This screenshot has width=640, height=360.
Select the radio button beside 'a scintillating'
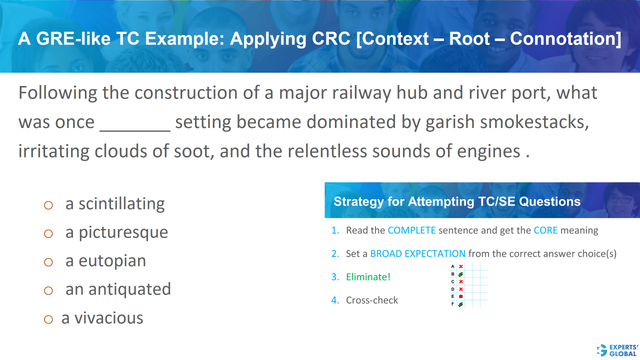pos(48,204)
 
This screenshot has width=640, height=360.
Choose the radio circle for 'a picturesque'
pos(48,233)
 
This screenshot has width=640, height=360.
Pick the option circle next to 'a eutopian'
pos(48,261)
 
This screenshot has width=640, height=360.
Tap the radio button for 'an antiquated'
pos(48,290)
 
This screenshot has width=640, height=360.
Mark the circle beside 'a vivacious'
pos(48,319)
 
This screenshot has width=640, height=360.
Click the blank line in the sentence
pos(135,127)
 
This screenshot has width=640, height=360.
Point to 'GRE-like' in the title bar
pos(72,39)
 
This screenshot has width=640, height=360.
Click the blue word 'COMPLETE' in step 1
pos(411,230)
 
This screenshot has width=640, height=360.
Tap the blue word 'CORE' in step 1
pos(545,230)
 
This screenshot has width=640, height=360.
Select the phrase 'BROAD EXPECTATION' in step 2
pos(417,254)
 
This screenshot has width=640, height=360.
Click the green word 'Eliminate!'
pos(367,277)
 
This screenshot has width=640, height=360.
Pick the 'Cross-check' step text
pos(372,300)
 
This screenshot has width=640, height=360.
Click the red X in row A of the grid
pos(460,266)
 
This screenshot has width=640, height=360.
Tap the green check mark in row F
pos(460,304)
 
